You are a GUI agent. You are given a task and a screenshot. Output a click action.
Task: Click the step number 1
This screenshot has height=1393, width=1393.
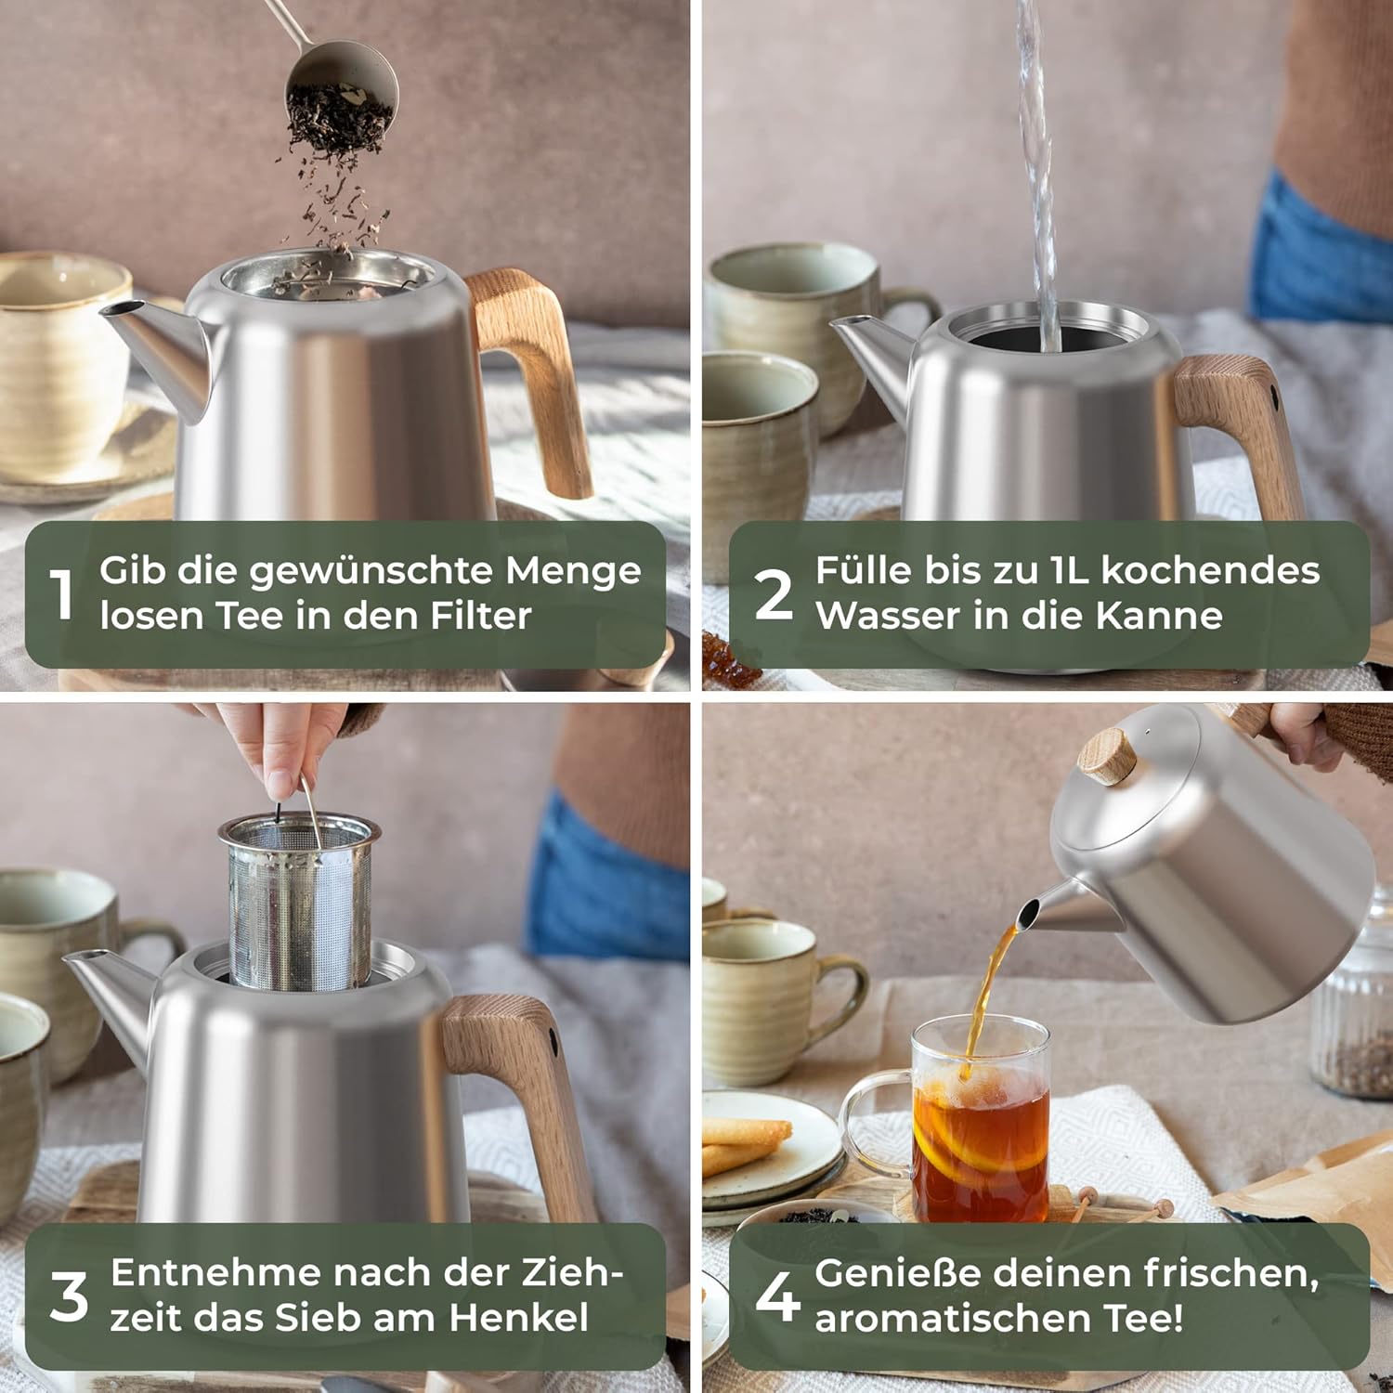(62, 594)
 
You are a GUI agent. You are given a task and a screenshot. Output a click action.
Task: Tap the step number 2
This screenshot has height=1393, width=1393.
(774, 594)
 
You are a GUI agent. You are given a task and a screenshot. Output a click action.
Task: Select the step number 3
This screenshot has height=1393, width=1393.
(69, 1295)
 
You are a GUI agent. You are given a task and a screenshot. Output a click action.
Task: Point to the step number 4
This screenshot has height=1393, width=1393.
(777, 1295)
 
